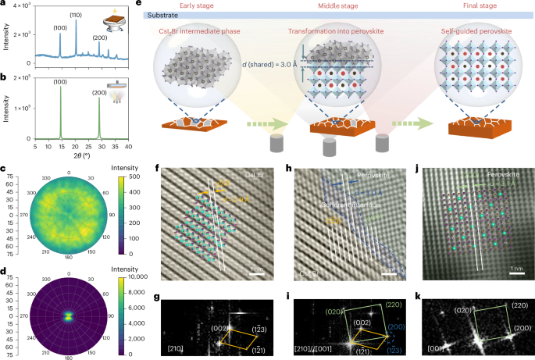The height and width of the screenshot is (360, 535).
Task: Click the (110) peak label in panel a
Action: [x=77, y=15]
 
